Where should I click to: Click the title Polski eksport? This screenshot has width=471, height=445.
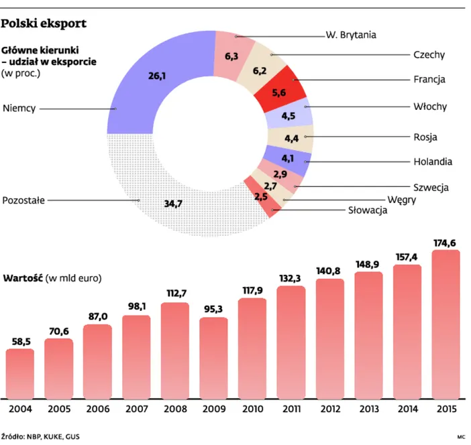44,24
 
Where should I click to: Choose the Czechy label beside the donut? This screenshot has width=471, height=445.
429,55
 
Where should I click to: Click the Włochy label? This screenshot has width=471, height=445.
430,106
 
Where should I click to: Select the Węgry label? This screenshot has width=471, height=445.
402,199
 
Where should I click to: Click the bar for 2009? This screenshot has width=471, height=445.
213,359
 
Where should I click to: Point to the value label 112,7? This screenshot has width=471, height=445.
174,293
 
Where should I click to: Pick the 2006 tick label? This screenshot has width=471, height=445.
97,409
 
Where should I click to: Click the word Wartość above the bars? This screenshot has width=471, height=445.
23,277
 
